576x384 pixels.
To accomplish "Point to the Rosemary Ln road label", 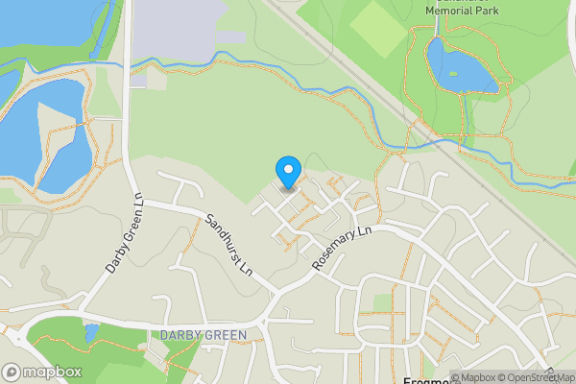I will pos(341,248).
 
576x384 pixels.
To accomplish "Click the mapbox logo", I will pos(42,372).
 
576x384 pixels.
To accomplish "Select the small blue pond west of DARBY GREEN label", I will pos(91,334).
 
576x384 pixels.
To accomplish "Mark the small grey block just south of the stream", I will pos(138,79).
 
